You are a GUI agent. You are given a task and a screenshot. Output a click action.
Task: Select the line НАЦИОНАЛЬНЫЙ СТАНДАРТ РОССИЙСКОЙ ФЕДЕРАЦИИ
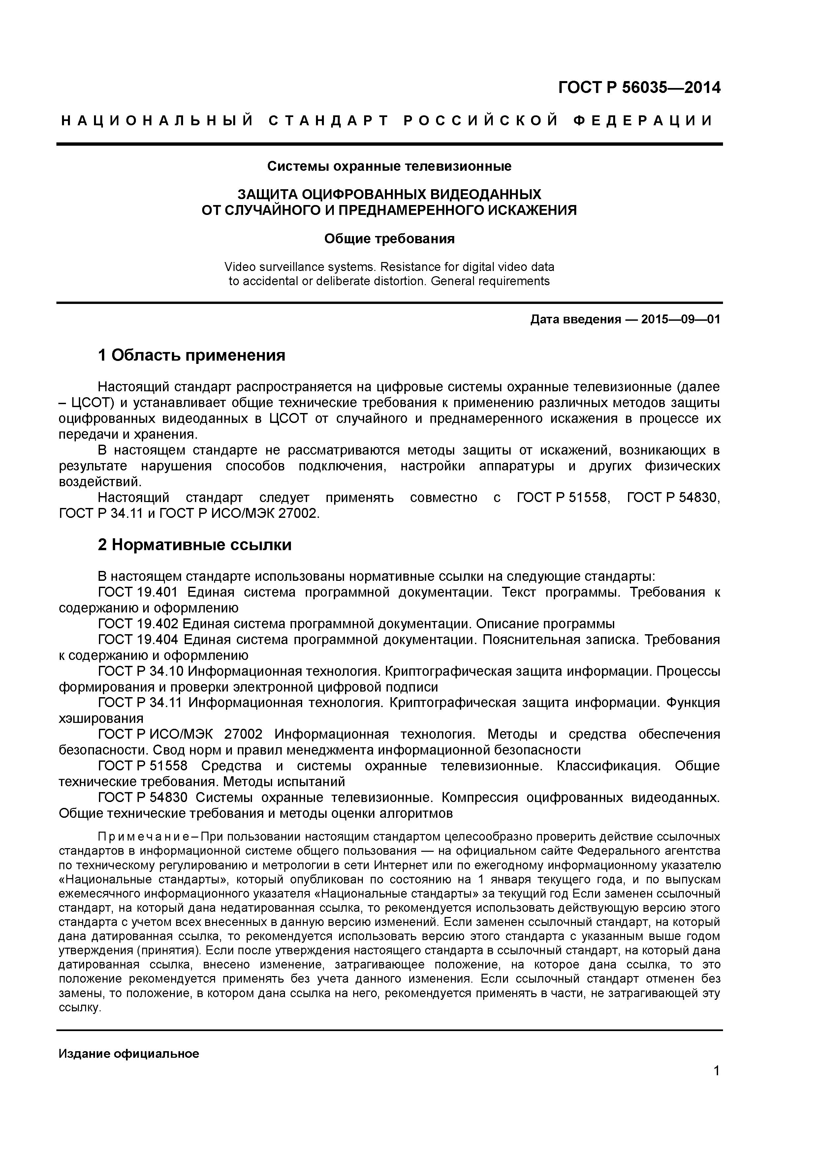pos(387,121)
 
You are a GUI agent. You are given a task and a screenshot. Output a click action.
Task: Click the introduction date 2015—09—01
pos(680,320)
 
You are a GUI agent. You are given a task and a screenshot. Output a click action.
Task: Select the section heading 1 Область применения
pos(191,355)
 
